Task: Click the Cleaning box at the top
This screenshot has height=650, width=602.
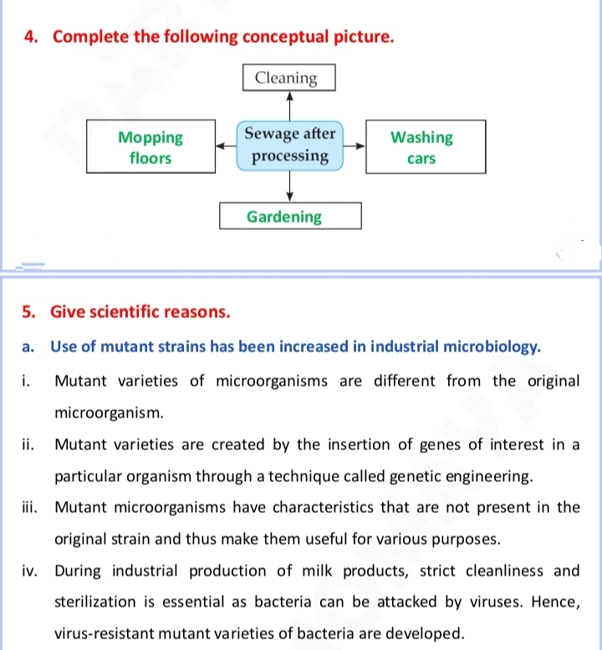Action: click(288, 78)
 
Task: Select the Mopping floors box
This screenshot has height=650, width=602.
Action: click(150, 146)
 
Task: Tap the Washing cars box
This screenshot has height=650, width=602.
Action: click(426, 146)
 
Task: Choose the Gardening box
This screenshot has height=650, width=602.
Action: click(290, 216)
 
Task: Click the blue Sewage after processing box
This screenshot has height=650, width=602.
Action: click(289, 146)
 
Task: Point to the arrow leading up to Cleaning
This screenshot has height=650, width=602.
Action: click(289, 106)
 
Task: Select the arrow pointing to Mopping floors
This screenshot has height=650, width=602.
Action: click(226, 146)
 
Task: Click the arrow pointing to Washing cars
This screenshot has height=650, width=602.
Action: click(355, 146)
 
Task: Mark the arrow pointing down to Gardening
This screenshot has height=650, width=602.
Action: click(289, 186)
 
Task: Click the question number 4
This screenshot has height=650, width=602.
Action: click(31, 37)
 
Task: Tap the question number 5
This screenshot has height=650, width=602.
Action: click(28, 312)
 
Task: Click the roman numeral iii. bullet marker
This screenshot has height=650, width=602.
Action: click(30, 508)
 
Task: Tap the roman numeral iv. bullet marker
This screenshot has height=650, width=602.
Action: click(30, 571)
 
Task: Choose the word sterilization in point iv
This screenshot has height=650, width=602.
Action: click(94, 602)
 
